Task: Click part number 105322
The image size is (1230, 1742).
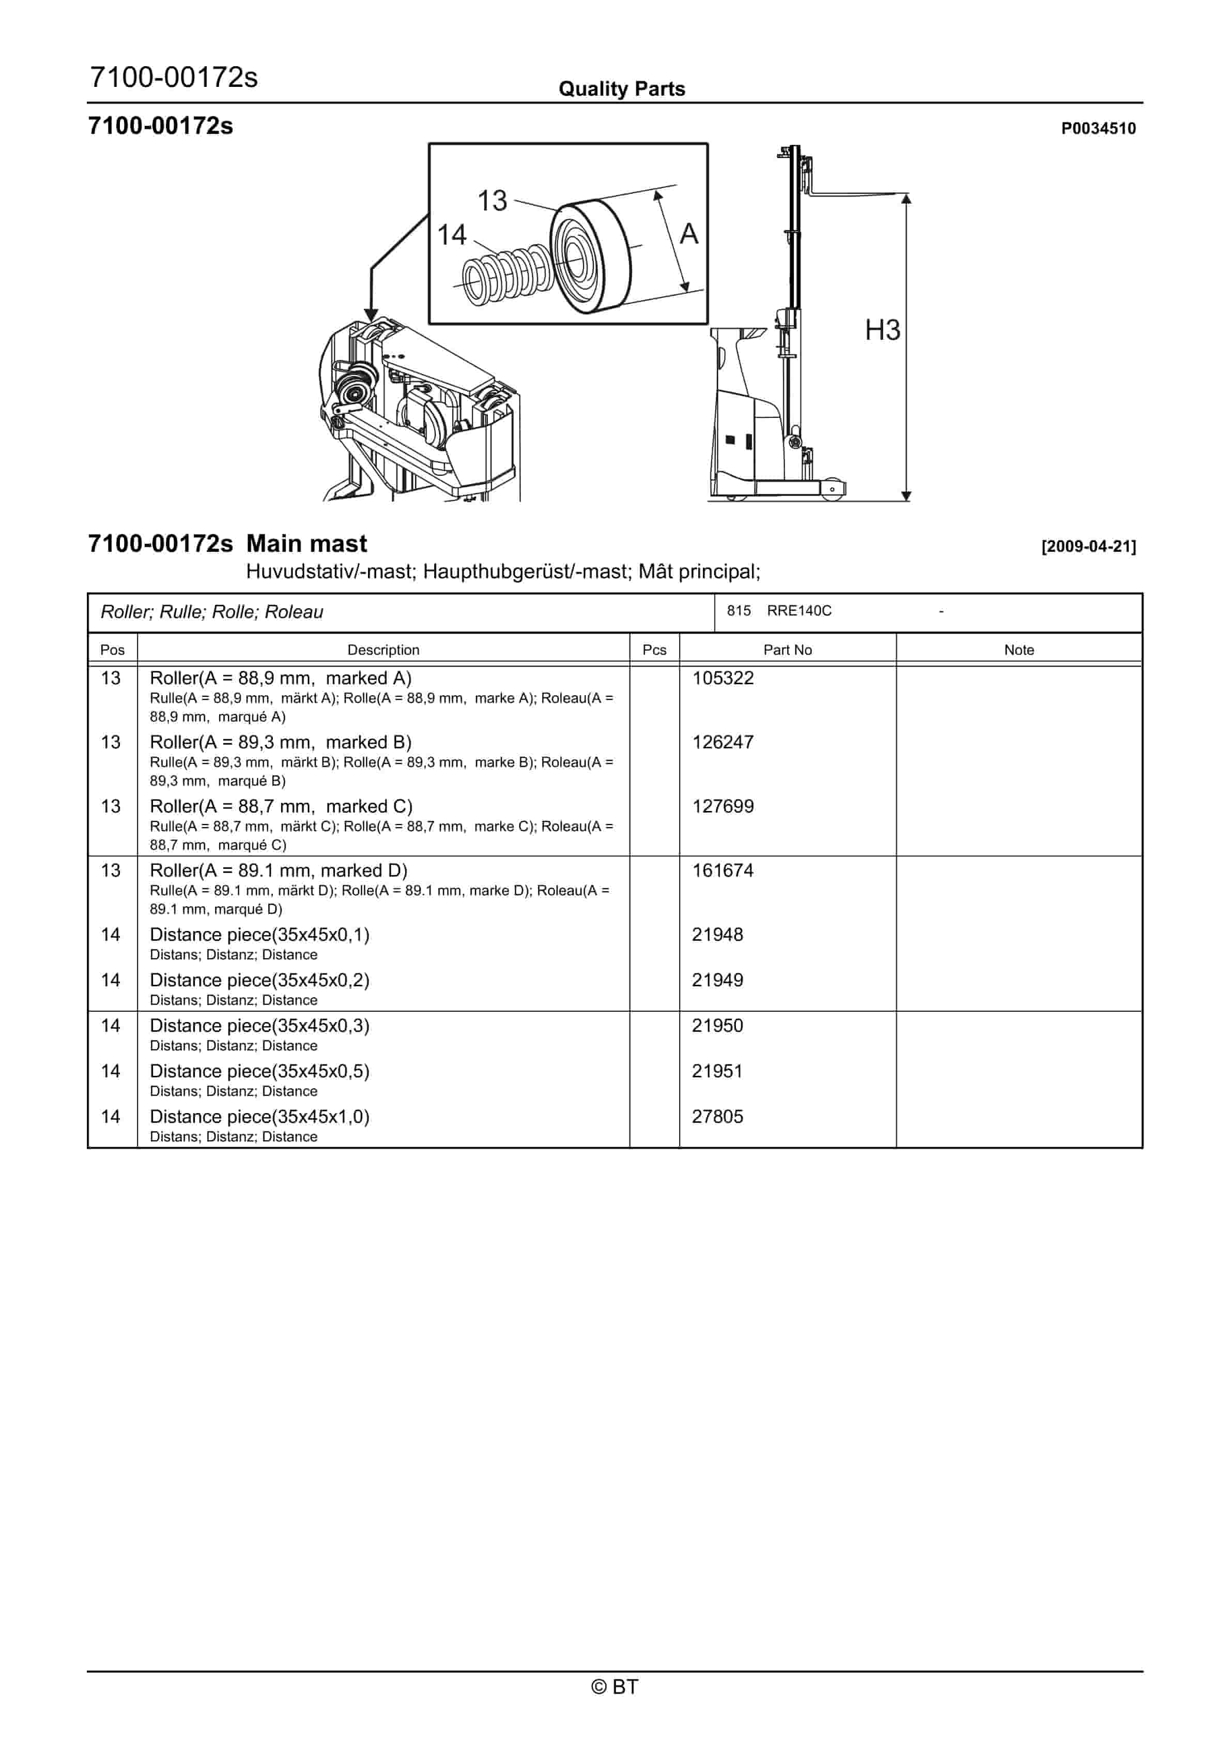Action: [x=722, y=678]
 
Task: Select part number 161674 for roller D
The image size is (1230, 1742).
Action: [x=722, y=870]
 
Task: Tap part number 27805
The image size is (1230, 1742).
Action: [x=717, y=1116]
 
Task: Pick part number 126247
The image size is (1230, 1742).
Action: [x=722, y=742]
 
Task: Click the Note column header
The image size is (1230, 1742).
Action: [x=1019, y=650]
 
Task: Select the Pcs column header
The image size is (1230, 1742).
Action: [x=654, y=650]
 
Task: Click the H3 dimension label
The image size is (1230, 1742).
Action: [x=883, y=330]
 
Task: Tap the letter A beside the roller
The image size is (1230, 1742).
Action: [x=688, y=234]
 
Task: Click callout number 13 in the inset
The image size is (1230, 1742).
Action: [x=491, y=201]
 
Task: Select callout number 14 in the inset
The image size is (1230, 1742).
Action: [x=452, y=235]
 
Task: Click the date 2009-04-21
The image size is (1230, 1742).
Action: [x=1089, y=546]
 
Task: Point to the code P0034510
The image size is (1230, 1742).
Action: [x=1098, y=128]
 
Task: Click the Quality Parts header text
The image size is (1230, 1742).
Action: [x=622, y=89]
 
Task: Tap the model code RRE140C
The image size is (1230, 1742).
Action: [x=800, y=611]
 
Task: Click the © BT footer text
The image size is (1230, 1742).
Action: [x=615, y=1687]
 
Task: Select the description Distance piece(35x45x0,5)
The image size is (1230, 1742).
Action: [x=259, y=1071]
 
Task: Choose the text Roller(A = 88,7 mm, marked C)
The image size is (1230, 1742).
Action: [x=281, y=806]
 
